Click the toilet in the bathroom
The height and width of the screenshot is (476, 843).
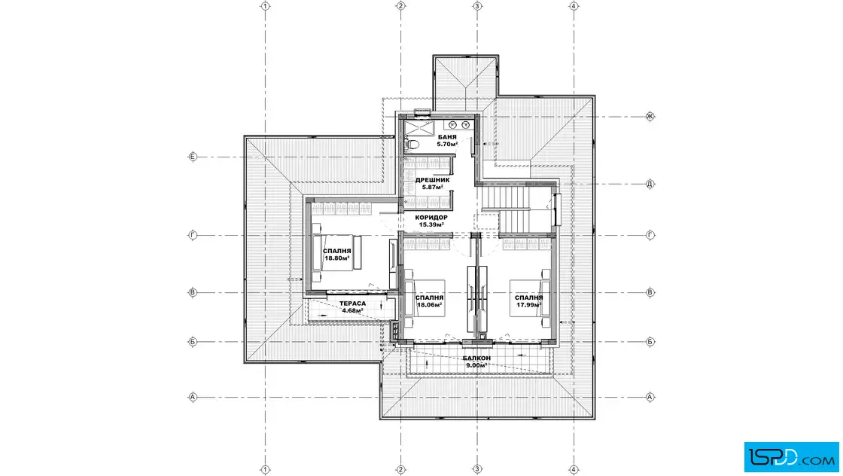pyautogui.click(x=412, y=144)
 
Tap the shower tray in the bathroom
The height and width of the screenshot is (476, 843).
pyautogui.click(x=418, y=129)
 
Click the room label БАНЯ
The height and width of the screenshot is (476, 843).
pyautogui.click(x=447, y=137)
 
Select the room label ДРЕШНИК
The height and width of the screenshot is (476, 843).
pyautogui.click(x=432, y=180)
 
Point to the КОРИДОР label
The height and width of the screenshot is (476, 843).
pyautogui.click(x=431, y=218)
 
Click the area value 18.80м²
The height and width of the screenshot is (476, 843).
pyautogui.click(x=337, y=258)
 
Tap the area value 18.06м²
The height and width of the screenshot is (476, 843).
pyautogui.click(x=430, y=305)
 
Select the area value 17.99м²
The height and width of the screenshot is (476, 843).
pyautogui.click(x=528, y=305)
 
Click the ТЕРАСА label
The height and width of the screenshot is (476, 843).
pyautogui.click(x=353, y=304)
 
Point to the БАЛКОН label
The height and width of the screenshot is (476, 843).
pyautogui.click(x=476, y=359)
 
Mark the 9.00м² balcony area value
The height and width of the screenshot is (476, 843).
pyautogui.click(x=476, y=365)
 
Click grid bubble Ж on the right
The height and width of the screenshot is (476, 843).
pyautogui.click(x=650, y=116)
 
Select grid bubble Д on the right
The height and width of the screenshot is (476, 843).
pyautogui.click(x=650, y=184)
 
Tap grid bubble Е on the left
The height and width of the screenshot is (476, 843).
pyautogui.click(x=193, y=157)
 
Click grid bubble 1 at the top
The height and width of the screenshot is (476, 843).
pyautogui.click(x=265, y=6)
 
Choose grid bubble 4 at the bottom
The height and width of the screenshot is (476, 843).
pyautogui.click(x=574, y=469)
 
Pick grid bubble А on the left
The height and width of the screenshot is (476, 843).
pyautogui.click(x=193, y=398)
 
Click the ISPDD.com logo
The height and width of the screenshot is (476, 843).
pyautogui.click(x=791, y=456)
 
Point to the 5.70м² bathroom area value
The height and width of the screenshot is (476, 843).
pyautogui.click(x=447, y=144)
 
